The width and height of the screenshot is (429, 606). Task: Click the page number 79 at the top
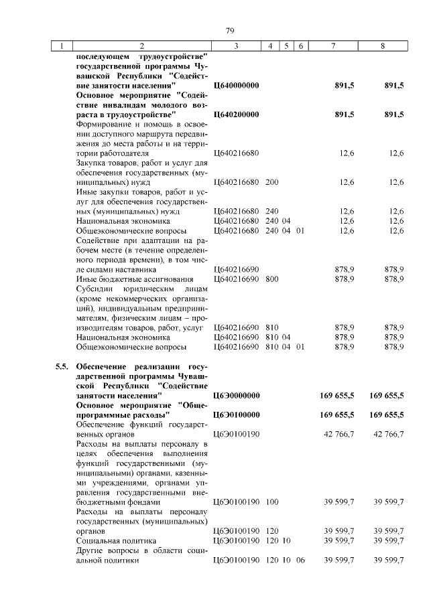point(229,31)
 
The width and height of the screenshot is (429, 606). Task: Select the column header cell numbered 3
point(237,46)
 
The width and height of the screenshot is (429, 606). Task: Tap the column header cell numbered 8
point(382,46)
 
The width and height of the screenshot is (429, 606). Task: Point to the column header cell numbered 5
point(286,46)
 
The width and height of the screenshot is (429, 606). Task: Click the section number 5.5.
point(61,368)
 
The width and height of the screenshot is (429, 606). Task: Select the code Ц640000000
point(236,86)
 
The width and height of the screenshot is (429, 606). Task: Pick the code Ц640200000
point(236,115)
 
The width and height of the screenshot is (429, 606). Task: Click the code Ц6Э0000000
point(236,396)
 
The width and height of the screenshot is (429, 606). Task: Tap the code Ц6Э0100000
point(236,415)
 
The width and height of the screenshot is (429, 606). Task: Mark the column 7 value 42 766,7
point(339,435)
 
